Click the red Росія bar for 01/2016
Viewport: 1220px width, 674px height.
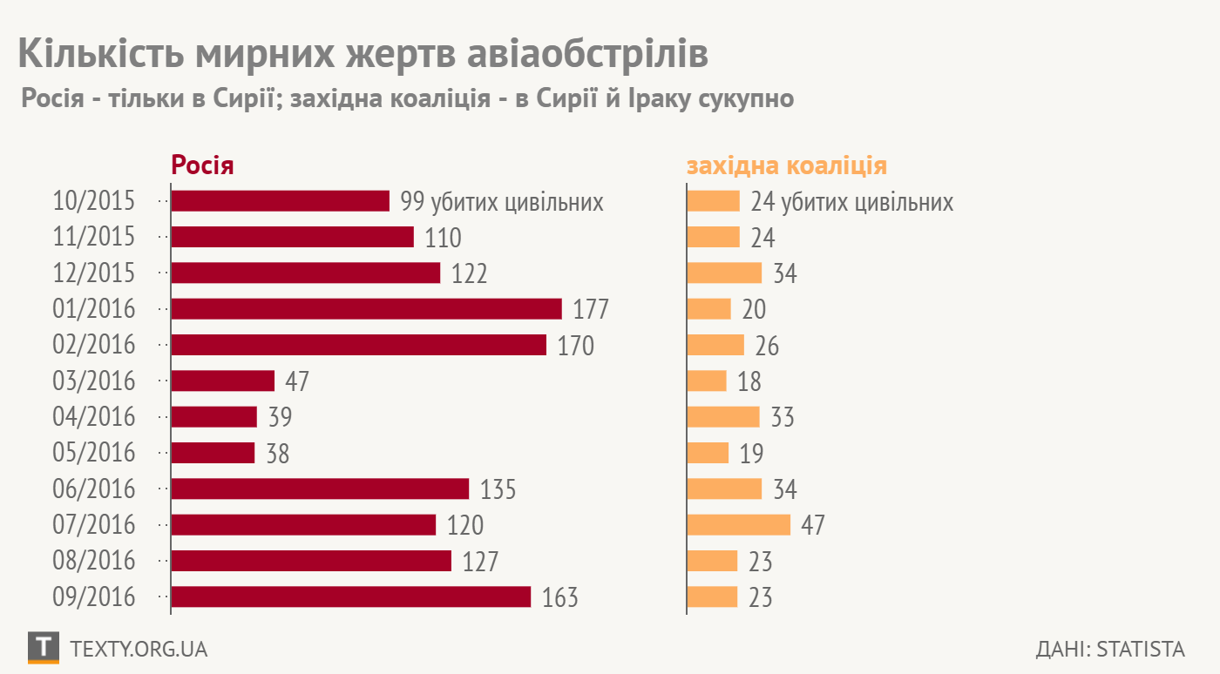[366, 309]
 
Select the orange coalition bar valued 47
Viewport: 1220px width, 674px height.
[738, 524]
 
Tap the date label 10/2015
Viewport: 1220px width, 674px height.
[94, 201]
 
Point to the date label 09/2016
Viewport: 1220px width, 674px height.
[94, 597]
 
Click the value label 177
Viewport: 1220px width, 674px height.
[591, 310]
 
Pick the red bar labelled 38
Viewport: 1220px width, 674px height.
[213, 453]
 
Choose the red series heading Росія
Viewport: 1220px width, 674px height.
[202, 165]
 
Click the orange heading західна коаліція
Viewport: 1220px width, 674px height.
[787, 165]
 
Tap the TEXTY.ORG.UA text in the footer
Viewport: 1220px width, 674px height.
[138, 650]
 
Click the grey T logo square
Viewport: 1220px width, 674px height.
[44, 647]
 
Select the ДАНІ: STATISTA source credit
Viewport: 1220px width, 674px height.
[1110, 650]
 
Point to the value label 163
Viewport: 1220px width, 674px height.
[560, 598]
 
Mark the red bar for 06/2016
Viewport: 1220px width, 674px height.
[320, 489]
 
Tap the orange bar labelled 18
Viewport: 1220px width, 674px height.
[707, 381]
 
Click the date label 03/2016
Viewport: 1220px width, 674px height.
[94, 381]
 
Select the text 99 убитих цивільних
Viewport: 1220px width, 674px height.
[502, 202]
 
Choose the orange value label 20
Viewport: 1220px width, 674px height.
[754, 310]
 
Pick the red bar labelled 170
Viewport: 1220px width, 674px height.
[358, 345]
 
